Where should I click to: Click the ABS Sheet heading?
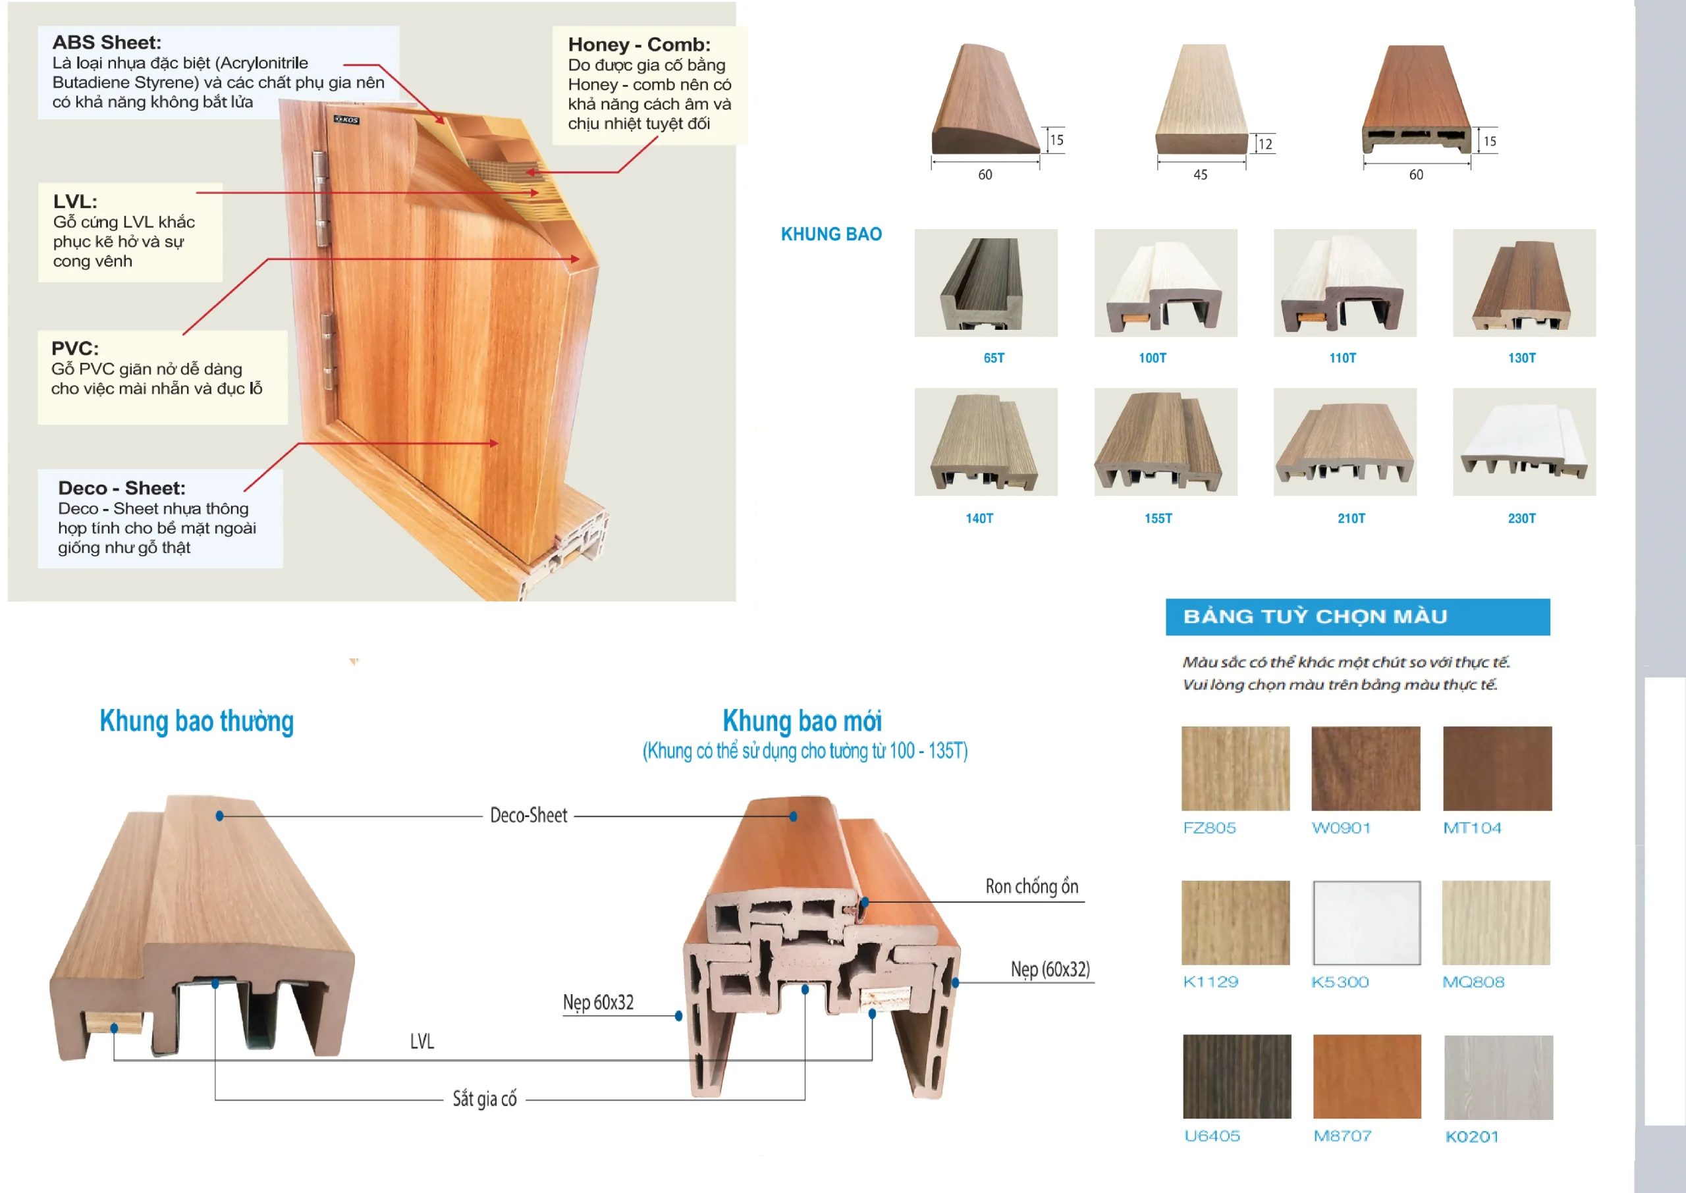[x=107, y=43]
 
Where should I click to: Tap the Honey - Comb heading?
[x=638, y=45]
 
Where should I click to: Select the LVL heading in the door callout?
[x=75, y=201]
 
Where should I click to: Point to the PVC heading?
[x=75, y=348]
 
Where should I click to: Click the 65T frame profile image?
[x=985, y=283]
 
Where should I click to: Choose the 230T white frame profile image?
[x=1523, y=442]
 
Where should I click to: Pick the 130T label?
[x=1521, y=358]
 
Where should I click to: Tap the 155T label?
[x=1158, y=519]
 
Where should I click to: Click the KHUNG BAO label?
[x=831, y=234]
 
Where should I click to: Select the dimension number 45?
[x=1200, y=175]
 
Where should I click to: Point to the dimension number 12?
[x=1265, y=144]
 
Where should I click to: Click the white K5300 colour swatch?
[x=1366, y=922]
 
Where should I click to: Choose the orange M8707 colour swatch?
[x=1367, y=1076]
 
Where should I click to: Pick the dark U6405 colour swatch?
[x=1236, y=1076]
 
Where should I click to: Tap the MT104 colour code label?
[x=1471, y=828]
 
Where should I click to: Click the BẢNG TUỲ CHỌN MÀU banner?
[x=1357, y=616]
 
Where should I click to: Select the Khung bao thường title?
[x=197, y=722]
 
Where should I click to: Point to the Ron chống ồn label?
[x=1031, y=887]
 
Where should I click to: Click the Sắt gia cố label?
[x=484, y=1099]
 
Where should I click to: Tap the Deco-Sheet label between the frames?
[x=528, y=815]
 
